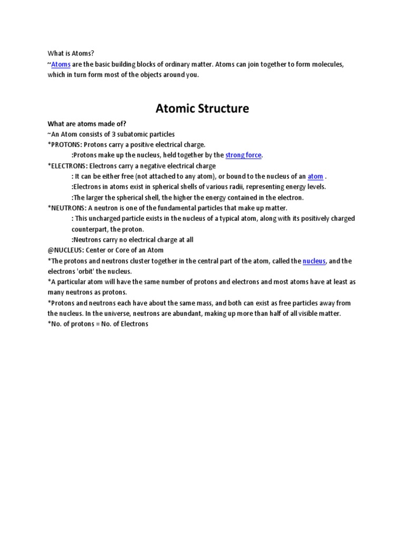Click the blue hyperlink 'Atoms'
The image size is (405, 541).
coord(61,64)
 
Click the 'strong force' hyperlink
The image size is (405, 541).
coord(244,155)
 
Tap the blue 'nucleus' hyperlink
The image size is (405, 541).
coord(314,261)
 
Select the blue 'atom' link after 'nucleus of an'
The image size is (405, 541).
coord(315,176)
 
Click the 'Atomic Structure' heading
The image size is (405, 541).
coord(202,109)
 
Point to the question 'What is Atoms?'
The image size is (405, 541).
coord(70,54)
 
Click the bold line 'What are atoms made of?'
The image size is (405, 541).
coord(87,124)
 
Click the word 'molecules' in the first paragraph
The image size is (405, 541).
coord(327,64)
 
